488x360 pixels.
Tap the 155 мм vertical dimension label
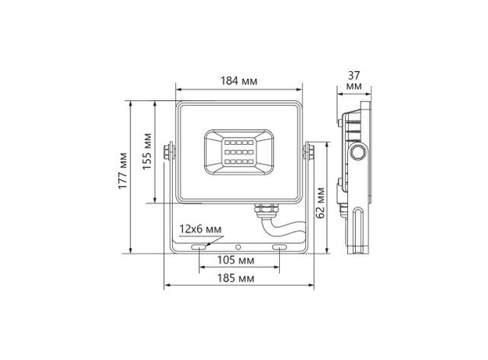pyautogui.click(x=147, y=152)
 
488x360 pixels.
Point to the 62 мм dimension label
pyautogui.click(x=321, y=202)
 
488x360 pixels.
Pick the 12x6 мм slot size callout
pyautogui.click(x=200, y=229)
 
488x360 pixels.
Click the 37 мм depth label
pyautogui.click(x=353, y=79)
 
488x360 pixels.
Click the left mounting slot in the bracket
pyautogui.click(x=200, y=247)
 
